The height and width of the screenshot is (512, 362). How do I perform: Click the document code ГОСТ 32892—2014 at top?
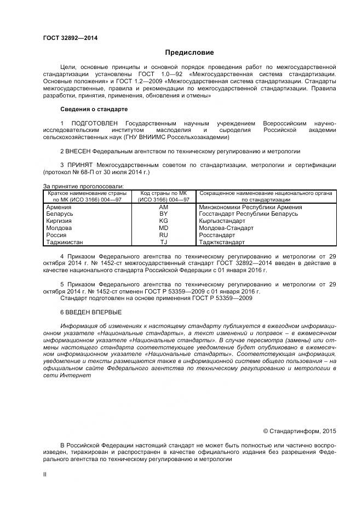pyautogui.click(x=67, y=38)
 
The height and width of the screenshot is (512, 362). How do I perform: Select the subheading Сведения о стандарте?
pyautogui.click(x=94, y=109)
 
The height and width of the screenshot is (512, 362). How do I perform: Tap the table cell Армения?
pyautogui.click(x=59, y=207)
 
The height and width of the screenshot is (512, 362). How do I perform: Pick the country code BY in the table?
pyautogui.click(x=163, y=214)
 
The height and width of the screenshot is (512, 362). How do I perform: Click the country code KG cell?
pyautogui.click(x=163, y=221)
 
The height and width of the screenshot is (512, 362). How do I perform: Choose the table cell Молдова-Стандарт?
pyautogui.click(x=226, y=228)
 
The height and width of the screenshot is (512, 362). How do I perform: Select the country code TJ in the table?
pyautogui.click(x=163, y=242)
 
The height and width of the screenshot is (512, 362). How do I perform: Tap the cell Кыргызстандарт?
pyautogui.click(x=222, y=221)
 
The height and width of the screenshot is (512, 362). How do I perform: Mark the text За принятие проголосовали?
pyautogui.click(x=83, y=187)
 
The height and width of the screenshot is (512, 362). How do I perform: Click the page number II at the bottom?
pyautogui.click(x=45, y=475)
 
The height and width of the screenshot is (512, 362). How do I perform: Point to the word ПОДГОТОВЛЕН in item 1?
pyautogui.click(x=94, y=123)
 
